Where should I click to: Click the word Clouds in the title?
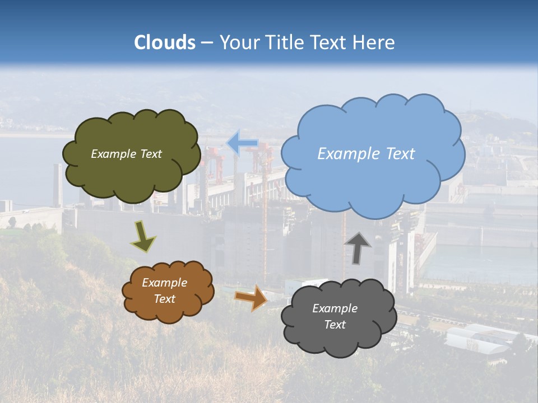165,43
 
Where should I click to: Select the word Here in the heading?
374,43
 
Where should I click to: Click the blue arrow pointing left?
242,143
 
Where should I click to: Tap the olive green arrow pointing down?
142,236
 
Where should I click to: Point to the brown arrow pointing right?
251,297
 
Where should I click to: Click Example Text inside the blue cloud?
366,154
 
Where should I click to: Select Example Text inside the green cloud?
126,154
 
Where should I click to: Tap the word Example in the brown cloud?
164,283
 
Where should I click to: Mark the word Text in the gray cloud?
335,325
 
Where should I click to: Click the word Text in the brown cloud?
164,299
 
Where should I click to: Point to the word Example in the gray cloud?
335,308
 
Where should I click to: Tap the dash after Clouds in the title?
207,43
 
